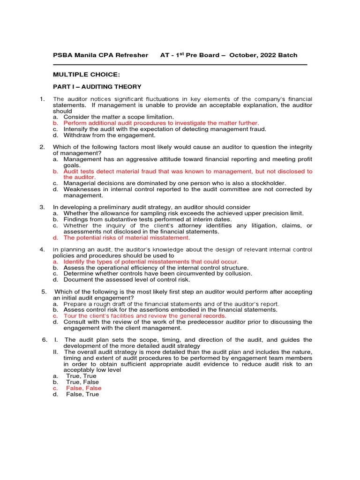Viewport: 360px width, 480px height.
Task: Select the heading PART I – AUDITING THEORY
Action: [x=97, y=87]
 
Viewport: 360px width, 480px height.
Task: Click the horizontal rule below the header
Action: [x=180, y=65]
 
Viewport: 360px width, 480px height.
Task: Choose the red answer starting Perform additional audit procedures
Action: [x=161, y=123]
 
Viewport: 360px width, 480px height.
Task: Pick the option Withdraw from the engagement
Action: [x=109, y=135]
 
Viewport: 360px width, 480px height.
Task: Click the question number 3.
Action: [x=42, y=207]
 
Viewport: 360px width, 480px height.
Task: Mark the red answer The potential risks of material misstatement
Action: [x=127, y=238]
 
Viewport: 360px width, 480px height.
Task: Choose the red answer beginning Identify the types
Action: [x=151, y=262]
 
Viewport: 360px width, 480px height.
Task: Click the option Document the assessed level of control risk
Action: [x=127, y=280]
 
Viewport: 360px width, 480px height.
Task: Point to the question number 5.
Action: [x=44, y=292]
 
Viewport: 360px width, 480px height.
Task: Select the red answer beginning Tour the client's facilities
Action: [x=144, y=316]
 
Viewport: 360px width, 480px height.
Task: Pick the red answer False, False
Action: [x=83, y=388]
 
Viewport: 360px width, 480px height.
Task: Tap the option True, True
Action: [x=81, y=376]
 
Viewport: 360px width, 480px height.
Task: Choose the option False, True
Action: [x=82, y=394]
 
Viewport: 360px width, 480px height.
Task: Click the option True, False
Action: [x=82, y=382]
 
